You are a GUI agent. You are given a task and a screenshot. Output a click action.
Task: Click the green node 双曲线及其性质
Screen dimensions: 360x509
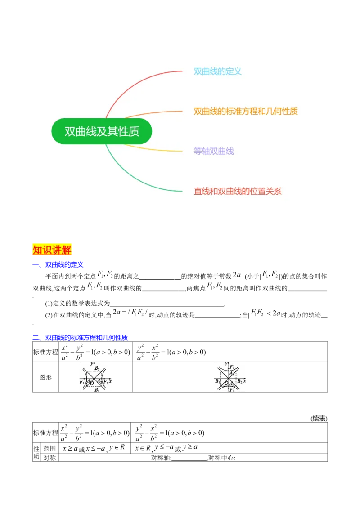(102, 131)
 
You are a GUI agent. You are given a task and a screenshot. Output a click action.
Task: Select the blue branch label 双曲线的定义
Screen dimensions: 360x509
(217, 71)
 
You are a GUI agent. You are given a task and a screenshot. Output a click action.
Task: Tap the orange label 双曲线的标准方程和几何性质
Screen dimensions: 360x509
(246, 112)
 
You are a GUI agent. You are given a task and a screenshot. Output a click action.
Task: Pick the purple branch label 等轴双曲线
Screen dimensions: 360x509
(214, 151)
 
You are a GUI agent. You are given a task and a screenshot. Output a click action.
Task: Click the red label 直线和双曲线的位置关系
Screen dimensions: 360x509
(238, 191)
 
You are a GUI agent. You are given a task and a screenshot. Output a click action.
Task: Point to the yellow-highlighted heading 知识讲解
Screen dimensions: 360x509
(52, 249)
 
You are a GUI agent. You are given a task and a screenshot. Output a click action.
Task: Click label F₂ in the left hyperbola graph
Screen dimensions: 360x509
(106, 382)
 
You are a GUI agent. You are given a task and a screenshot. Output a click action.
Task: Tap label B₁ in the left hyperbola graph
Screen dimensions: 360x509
(97, 389)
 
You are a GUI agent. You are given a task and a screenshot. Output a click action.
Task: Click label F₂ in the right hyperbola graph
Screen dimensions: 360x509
(232, 367)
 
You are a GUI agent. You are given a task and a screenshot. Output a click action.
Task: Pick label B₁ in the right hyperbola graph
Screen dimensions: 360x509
(218, 381)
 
